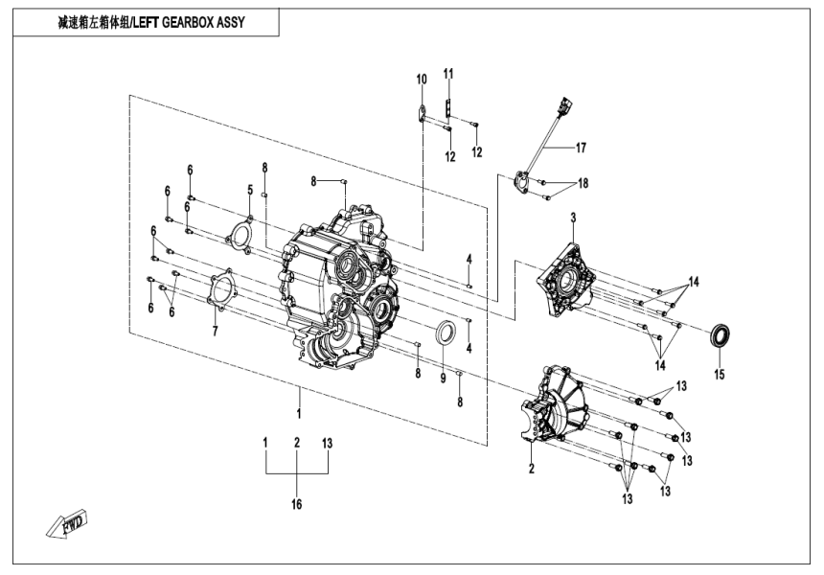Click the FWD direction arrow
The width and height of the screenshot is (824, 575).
(64, 524)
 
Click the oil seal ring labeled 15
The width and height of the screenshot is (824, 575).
(722, 337)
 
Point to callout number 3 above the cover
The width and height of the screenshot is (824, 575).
(573, 219)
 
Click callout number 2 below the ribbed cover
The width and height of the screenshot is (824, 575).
(530, 468)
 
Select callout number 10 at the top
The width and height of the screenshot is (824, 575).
(420, 78)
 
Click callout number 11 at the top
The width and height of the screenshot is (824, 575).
(448, 73)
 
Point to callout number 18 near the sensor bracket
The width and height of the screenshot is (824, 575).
(584, 183)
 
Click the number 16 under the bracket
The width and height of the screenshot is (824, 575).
(297, 504)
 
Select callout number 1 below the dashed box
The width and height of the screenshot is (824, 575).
(299, 414)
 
